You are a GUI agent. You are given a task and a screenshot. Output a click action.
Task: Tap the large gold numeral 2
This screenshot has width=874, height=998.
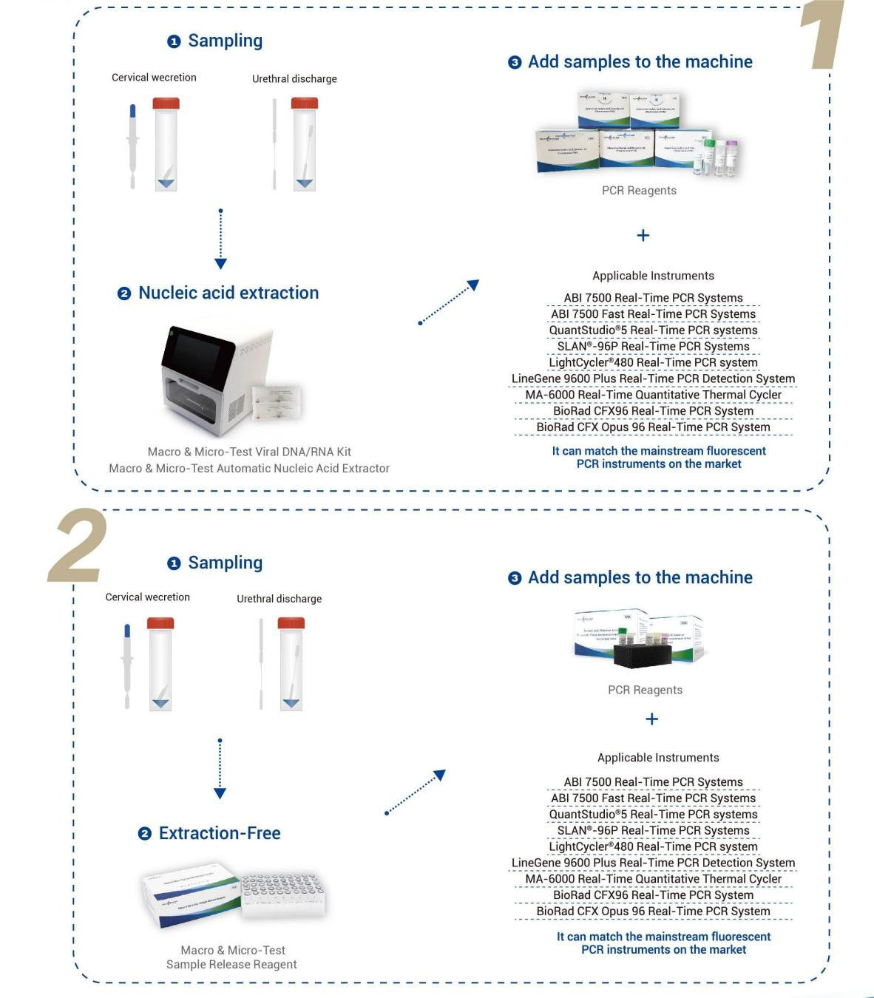[x=78, y=546]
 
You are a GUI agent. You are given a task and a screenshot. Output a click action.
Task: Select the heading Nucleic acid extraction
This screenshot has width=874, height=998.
[x=228, y=293]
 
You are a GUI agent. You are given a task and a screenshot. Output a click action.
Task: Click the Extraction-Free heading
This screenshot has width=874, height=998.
[x=220, y=833]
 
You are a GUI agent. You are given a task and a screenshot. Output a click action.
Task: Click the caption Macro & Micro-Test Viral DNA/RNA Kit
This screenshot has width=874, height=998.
[x=249, y=452]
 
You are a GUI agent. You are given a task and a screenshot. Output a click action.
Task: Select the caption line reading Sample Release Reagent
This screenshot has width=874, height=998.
[x=231, y=964]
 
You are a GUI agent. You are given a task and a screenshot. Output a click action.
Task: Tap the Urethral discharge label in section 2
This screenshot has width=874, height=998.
[x=279, y=599]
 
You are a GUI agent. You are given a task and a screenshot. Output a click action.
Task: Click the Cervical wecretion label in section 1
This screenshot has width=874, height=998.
[x=154, y=78]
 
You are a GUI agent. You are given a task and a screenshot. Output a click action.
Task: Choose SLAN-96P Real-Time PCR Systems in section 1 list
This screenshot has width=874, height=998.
[x=653, y=346]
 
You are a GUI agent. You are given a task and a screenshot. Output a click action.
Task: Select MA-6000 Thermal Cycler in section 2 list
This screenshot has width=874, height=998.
[x=653, y=879]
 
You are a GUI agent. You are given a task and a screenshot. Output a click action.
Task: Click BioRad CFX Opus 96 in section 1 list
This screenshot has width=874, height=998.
[x=653, y=427]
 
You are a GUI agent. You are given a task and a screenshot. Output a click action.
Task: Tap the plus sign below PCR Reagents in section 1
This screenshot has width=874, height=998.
[x=643, y=235]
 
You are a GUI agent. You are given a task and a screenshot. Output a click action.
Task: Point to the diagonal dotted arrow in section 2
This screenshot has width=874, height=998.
[x=416, y=792]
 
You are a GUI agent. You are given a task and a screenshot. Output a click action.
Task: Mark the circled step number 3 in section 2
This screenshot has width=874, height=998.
[x=515, y=578]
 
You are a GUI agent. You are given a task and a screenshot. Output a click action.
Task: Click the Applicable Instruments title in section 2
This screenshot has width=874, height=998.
[x=658, y=758]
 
